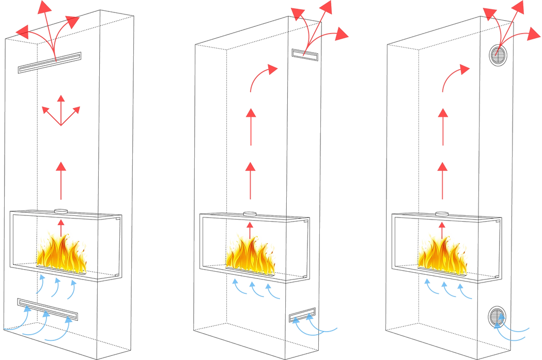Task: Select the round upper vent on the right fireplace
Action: tap(496, 57)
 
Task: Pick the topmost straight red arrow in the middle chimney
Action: tap(251, 121)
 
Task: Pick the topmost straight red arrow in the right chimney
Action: tap(442, 121)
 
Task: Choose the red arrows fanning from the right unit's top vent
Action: tap(512, 26)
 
